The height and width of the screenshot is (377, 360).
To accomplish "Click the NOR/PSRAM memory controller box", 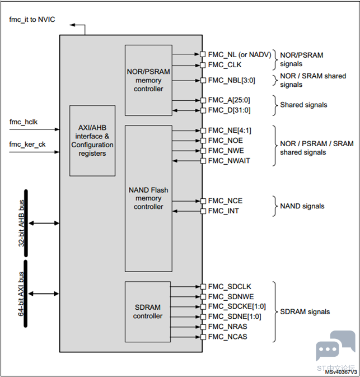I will point(148,80).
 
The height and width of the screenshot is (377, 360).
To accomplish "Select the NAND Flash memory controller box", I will point(148,198).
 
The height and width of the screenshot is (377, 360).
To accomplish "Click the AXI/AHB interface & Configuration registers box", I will point(92,141).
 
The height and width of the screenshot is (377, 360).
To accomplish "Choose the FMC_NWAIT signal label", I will point(229,161).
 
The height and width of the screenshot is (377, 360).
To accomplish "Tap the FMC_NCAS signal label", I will point(227,337).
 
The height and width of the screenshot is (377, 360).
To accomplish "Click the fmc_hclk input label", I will point(24,122).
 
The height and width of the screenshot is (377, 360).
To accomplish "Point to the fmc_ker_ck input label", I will point(26,144).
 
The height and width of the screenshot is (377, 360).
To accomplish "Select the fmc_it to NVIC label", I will point(32,20).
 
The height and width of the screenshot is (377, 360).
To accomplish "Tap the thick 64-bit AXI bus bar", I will point(26,292).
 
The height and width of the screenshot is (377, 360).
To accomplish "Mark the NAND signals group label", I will point(302,206).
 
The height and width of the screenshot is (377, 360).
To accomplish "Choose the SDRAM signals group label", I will point(305,311).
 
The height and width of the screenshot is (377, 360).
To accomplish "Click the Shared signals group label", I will point(303,105).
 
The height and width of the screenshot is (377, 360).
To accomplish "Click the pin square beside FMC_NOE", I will point(202,141).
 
